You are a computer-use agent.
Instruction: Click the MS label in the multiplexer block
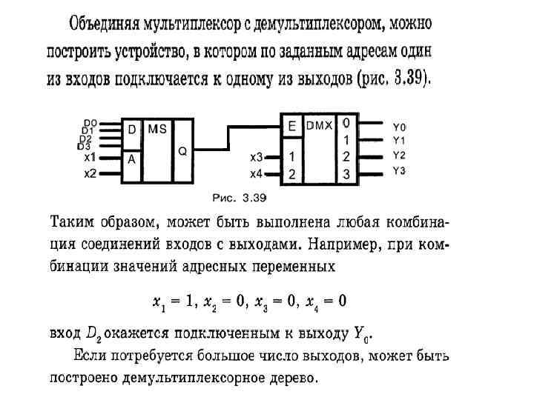(157, 128)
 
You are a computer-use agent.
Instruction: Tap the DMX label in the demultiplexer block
(320, 125)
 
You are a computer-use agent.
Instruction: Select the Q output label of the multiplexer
(182, 150)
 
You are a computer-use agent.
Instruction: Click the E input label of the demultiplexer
(292, 127)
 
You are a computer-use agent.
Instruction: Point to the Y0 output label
(399, 126)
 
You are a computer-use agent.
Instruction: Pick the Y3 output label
(399, 171)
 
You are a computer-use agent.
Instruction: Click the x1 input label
(90, 157)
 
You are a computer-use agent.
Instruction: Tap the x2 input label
(90, 173)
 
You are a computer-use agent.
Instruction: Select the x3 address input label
(256, 157)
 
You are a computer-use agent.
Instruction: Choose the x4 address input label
(256, 173)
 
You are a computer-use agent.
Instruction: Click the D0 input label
(89, 123)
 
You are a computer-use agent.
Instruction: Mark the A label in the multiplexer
(131, 159)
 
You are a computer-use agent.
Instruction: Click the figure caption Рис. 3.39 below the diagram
(239, 198)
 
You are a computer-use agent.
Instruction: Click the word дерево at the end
(294, 379)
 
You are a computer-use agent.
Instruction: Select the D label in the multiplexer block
(132, 130)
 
